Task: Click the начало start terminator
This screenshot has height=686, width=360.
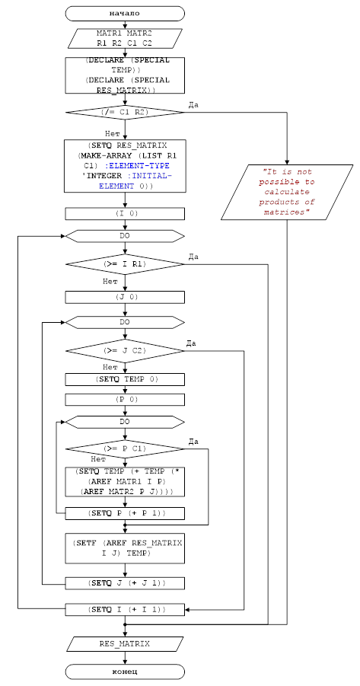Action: click(125, 13)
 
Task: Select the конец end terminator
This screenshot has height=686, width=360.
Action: click(125, 671)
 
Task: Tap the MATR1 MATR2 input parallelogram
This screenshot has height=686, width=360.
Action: click(125, 38)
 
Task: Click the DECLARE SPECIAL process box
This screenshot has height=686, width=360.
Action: click(125, 75)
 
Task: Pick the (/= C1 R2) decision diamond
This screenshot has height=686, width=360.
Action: click(125, 113)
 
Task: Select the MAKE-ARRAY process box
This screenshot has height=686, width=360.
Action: click(125, 166)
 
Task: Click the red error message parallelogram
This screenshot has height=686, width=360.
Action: click(287, 192)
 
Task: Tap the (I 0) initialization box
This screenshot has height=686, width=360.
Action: click(125, 214)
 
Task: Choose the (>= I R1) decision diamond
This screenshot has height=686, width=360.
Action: click(125, 264)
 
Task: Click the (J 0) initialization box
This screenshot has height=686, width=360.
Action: click(125, 297)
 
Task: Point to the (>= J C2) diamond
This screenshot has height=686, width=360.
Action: click(125, 351)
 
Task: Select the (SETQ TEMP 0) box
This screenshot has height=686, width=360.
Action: click(125, 379)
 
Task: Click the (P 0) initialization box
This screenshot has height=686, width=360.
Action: click(125, 400)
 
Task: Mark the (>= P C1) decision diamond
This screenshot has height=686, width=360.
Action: click(125, 449)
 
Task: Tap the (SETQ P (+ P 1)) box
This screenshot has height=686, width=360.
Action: click(125, 513)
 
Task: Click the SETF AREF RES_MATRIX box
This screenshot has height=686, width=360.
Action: click(125, 548)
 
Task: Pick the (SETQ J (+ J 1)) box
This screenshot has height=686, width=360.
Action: click(125, 583)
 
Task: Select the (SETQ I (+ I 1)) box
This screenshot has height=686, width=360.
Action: click(125, 609)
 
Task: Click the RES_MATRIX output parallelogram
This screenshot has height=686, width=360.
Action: click(125, 644)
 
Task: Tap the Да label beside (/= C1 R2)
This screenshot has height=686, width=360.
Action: click(193, 105)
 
